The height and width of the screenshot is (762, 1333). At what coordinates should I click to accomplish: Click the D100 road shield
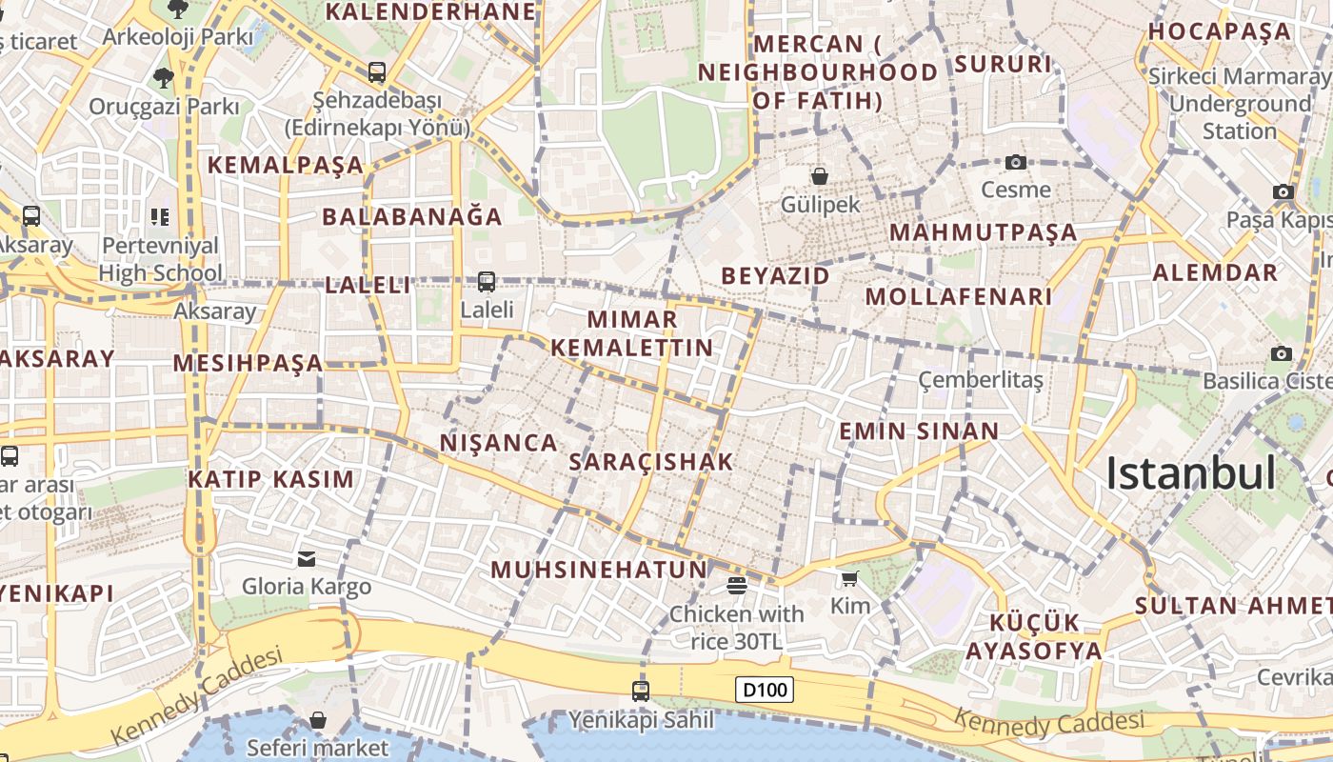(x=765, y=689)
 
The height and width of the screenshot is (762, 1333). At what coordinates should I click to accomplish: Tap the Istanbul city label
(x=1190, y=473)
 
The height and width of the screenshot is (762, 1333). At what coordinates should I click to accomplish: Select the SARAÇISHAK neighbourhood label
(x=651, y=462)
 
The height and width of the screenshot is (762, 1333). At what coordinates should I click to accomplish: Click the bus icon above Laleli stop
(x=487, y=281)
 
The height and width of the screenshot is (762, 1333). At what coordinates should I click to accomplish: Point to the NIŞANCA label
(x=499, y=443)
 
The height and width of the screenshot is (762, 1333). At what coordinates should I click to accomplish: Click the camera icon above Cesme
(x=1016, y=162)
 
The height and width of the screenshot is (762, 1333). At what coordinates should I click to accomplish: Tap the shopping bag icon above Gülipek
(x=819, y=176)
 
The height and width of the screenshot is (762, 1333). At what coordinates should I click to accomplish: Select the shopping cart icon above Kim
(x=849, y=578)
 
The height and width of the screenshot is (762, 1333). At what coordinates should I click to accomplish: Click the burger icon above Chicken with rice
(x=736, y=585)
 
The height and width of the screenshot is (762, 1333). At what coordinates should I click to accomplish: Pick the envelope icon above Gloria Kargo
(x=307, y=558)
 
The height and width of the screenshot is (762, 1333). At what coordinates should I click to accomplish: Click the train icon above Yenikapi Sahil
(x=641, y=691)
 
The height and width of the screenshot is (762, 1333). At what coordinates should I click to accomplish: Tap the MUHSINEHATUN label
(x=599, y=571)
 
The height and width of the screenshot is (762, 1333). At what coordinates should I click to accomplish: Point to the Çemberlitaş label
(x=981, y=380)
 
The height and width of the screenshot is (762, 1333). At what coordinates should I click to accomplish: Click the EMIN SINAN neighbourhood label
(x=919, y=431)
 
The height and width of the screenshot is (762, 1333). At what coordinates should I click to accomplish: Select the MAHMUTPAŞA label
(x=983, y=232)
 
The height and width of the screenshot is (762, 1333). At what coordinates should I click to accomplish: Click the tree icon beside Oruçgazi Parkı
(x=164, y=77)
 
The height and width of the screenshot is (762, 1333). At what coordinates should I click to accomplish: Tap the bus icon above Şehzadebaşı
(x=377, y=71)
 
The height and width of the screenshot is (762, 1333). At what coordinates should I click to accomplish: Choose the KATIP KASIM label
(x=271, y=479)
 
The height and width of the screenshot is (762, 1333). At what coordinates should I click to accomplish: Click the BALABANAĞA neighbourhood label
(x=412, y=216)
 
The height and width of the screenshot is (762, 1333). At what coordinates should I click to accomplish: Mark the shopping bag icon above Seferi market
(x=318, y=720)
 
